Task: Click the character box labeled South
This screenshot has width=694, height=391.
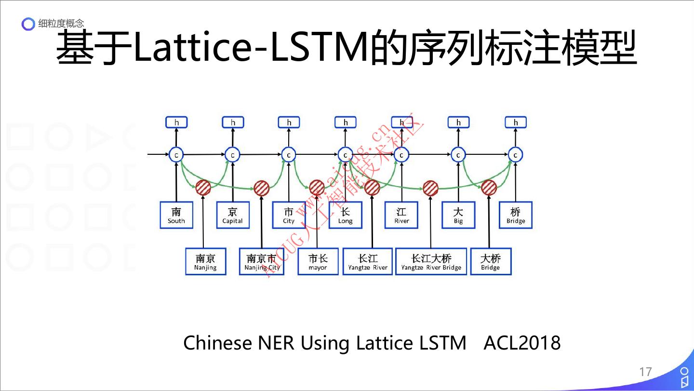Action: tap(176, 215)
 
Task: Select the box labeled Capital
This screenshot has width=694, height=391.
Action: tap(232, 215)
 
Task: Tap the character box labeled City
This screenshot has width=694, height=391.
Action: tap(289, 215)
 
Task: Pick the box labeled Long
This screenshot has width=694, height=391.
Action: tap(345, 215)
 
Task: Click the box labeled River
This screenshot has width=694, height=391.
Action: tap(401, 215)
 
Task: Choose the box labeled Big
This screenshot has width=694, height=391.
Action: tap(458, 215)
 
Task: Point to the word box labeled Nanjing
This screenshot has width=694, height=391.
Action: tap(205, 262)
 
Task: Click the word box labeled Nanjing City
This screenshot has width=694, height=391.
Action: tap(262, 262)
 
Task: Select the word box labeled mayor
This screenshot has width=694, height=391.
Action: tap(318, 262)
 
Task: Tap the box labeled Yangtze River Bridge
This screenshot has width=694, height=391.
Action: tap(431, 262)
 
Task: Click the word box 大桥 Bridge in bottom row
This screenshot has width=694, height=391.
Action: tap(490, 262)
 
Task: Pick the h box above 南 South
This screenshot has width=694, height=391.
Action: tap(176, 122)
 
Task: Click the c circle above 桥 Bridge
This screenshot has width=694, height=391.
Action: tap(515, 155)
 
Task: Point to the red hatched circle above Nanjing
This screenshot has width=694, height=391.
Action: tap(203, 188)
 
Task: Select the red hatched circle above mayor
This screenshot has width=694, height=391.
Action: tap(317, 188)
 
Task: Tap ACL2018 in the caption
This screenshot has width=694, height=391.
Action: tap(522, 343)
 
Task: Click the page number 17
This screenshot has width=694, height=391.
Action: tap(645, 372)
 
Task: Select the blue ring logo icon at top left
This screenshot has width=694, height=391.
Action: tap(29, 24)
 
